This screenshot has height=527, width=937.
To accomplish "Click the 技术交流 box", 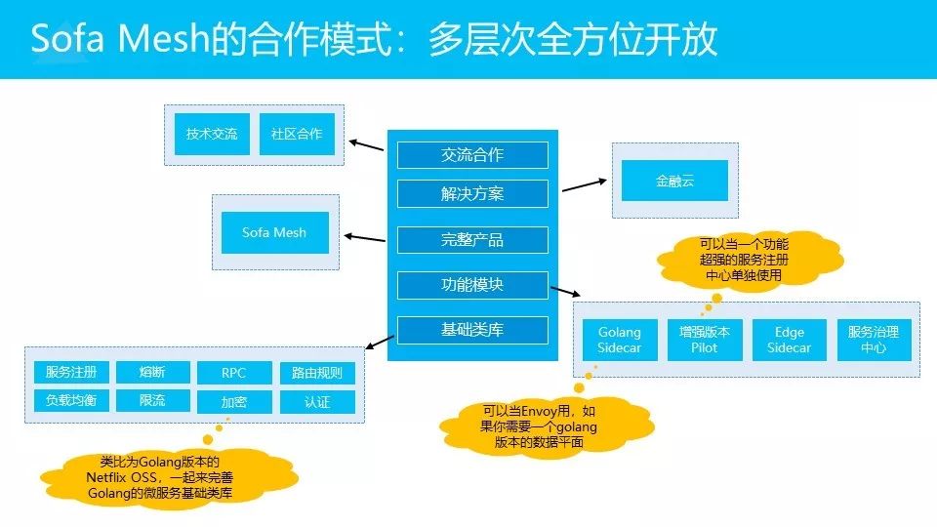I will pos(212,134).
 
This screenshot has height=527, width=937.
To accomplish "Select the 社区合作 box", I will pos(297,134).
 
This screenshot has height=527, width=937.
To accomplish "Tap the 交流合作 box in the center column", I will pos(472,154).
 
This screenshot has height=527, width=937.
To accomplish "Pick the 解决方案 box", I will pos(472,193).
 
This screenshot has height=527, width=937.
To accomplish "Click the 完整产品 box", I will pos(472,239).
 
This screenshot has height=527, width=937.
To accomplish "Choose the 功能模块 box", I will pos(472,285).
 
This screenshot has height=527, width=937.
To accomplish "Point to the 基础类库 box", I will pos(472,330).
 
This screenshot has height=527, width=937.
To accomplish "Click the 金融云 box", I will pos(675,181).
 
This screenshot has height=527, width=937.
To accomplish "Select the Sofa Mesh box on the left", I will pos(274,232).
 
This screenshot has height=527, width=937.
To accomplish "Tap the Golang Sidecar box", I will pos(620,340).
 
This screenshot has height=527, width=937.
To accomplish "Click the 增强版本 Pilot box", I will pos(704,340).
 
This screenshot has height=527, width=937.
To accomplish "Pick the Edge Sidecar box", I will pos(789,340).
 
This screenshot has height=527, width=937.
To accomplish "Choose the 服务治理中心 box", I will pos(874,340).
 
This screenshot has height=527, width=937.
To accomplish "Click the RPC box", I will pos(234,373).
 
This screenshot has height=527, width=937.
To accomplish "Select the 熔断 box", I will pos(152,372).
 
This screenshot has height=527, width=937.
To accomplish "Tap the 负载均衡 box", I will pos(71,400).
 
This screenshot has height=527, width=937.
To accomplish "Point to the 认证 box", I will pos(317,401).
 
